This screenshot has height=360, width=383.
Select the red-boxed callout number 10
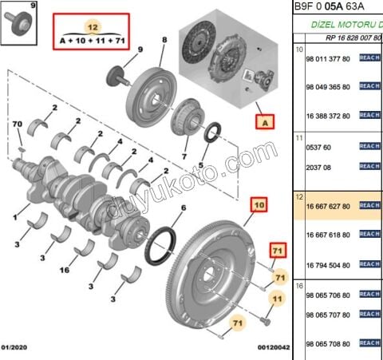[259, 205]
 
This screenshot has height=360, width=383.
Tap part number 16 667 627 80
[329, 206]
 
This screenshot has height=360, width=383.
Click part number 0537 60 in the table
[320, 147]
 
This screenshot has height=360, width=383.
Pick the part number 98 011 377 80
[329, 59]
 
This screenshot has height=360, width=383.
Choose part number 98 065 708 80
[329, 343]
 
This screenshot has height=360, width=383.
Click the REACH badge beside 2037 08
[369, 166]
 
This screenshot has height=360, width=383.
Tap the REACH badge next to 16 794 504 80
[369, 264]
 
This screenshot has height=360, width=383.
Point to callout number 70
[17, 124]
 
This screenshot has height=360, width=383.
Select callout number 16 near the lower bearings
[65, 270]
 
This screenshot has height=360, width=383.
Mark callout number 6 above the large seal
[183, 208]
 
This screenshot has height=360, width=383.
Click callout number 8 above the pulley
[164, 39]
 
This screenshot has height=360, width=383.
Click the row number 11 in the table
[299, 137]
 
